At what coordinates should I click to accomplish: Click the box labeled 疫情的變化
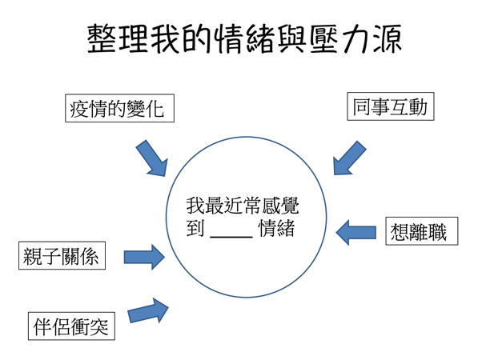coord(119,108)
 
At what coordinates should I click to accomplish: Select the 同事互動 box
coord(391,106)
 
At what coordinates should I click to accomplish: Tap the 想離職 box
coord(422,231)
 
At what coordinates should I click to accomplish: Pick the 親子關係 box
coord(62,255)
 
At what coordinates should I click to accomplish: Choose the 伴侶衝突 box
coord(71,326)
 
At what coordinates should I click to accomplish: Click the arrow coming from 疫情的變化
coord(152,158)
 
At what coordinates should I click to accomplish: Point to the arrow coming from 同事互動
coord(349,158)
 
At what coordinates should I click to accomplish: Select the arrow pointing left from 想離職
coord(355,232)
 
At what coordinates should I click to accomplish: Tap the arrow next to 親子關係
coord(144,257)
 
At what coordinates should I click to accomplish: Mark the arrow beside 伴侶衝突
coord(148,310)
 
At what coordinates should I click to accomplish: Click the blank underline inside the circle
coord(231,236)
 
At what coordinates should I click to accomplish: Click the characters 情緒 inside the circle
coord(277,229)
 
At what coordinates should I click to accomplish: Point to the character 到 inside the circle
coord(195,229)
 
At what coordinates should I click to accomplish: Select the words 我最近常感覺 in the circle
coord(243,206)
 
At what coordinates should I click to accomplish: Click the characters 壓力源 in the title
coord(355,39)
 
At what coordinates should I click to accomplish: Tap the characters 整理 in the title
coord(118,39)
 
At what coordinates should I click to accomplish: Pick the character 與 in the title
coord(293,39)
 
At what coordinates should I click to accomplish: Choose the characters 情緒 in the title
coord(245,39)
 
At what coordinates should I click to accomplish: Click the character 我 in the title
coord(165,39)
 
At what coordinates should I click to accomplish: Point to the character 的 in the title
coord(197,39)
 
